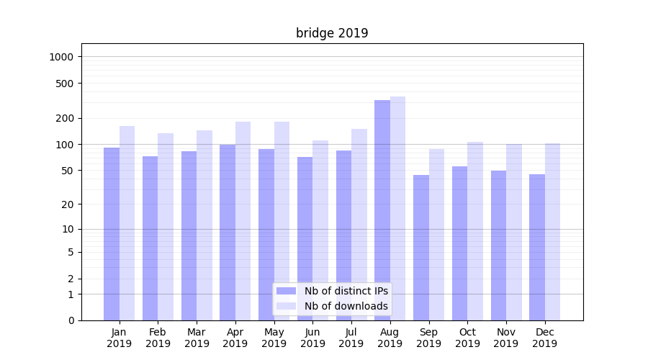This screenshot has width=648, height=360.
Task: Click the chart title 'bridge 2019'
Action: click(x=332, y=33)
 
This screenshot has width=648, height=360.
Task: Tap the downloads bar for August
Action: click(x=397, y=208)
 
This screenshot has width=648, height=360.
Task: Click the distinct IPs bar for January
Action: click(x=112, y=234)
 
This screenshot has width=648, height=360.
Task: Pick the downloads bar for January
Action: click(x=127, y=223)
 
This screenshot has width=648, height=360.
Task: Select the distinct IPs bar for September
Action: click(x=421, y=248)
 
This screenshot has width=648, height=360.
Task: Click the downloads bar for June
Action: click(x=320, y=230)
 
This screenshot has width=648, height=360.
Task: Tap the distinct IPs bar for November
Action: click(x=498, y=246)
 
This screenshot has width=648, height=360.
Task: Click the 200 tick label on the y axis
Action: click(x=66, y=118)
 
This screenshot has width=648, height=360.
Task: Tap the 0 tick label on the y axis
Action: click(x=71, y=320)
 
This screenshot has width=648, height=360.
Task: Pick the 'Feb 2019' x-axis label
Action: click(x=158, y=338)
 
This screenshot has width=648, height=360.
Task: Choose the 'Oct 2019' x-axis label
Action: click(x=467, y=338)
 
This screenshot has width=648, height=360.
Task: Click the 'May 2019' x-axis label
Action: click(x=274, y=338)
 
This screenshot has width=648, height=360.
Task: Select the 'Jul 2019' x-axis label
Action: click(x=351, y=338)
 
